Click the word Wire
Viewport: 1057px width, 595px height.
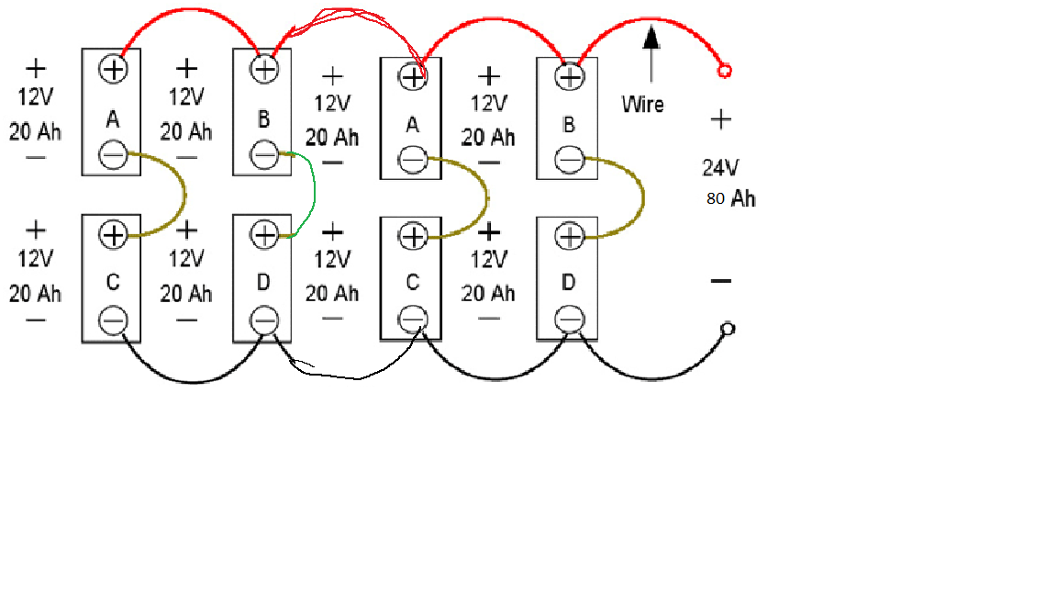click(642, 105)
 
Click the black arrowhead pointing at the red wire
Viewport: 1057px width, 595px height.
click(651, 37)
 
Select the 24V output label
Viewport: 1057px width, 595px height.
click(720, 167)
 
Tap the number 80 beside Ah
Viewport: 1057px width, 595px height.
click(716, 198)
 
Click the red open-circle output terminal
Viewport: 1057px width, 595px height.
click(725, 71)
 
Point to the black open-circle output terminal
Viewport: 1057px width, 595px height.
click(728, 330)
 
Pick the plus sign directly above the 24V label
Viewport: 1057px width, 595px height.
click(720, 120)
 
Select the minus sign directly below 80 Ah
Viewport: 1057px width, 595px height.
click(720, 281)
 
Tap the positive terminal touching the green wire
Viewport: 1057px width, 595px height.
click(264, 235)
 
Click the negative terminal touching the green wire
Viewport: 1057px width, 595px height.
click(264, 155)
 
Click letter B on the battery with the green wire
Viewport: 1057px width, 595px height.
click(263, 119)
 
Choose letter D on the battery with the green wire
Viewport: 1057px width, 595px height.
click(263, 282)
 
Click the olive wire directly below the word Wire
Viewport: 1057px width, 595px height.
click(642, 197)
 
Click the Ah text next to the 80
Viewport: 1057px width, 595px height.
click(743, 198)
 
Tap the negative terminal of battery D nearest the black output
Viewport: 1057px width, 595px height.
click(570, 320)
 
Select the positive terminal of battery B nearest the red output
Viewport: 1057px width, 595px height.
click(570, 77)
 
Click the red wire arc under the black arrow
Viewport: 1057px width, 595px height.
click(651, 19)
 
